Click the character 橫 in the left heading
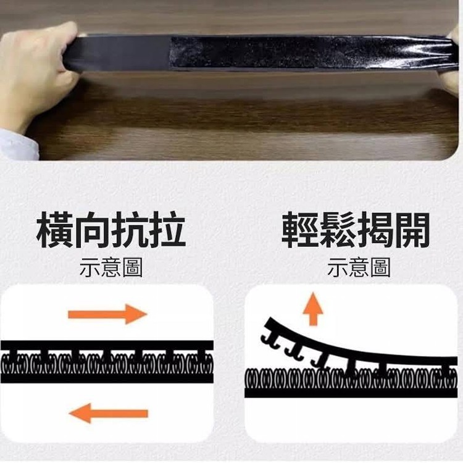(x=54, y=230)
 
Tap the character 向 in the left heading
(x=93, y=230)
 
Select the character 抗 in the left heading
(x=130, y=230)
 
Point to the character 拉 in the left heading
(x=167, y=230)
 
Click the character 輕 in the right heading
(x=300, y=230)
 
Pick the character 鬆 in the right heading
(x=338, y=230)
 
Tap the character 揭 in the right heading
(x=375, y=230)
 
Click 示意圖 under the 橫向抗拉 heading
(x=111, y=267)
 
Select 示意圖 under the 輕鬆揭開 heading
(x=359, y=267)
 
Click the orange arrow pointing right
(x=107, y=314)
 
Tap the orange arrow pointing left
(x=109, y=413)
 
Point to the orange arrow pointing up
(x=313, y=309)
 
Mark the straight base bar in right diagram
(x=351, y=393)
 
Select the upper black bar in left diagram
(x=107, y=345)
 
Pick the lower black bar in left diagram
(x=107, y=378)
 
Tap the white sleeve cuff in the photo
(x=19, y=144)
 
